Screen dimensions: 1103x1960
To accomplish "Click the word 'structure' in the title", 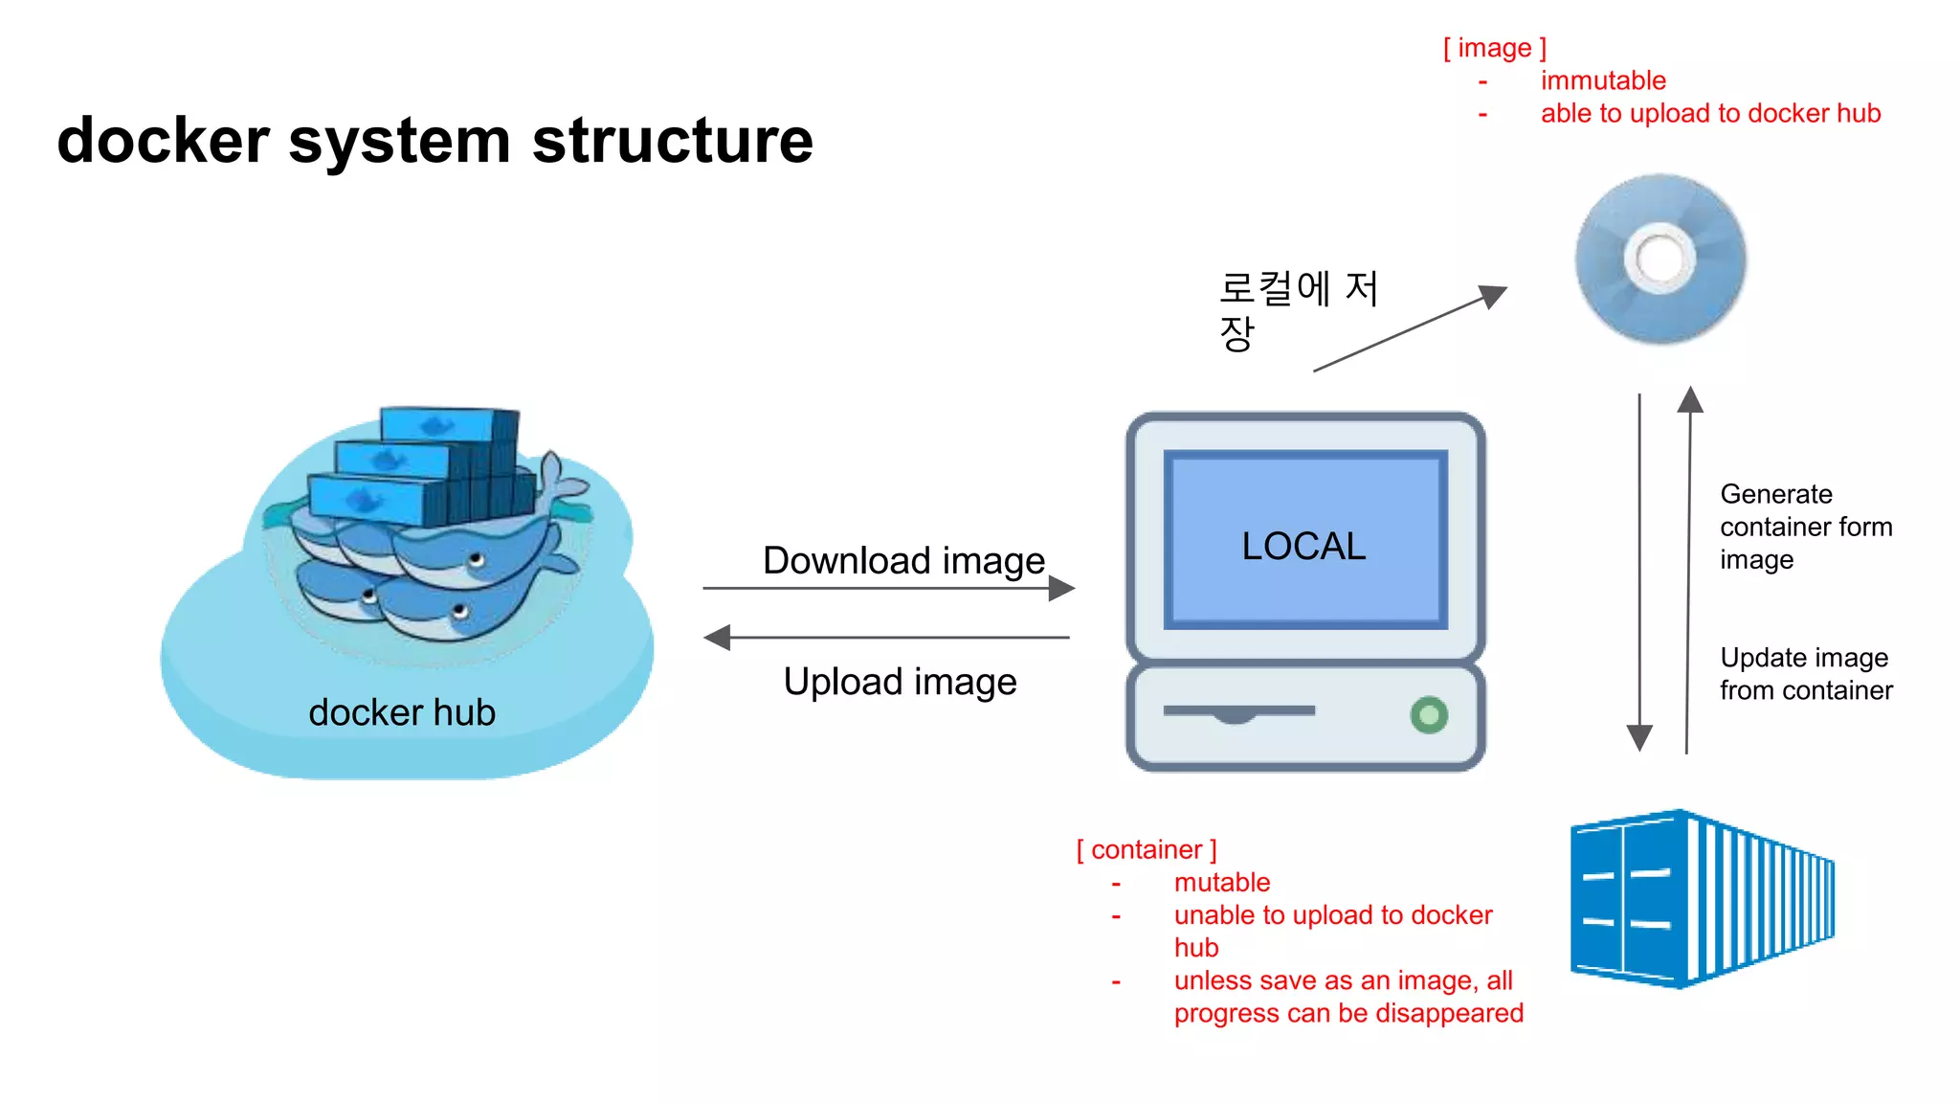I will [x=672, y=141].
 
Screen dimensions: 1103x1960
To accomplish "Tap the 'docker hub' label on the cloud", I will [x=402, y=712].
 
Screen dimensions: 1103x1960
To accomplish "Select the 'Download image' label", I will [x=903, y=560].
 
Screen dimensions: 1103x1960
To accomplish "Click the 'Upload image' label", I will [x=900, y=682].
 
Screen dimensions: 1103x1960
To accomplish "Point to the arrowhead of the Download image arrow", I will [x=1062, y=588].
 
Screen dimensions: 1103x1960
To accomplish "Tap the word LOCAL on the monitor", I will [x=1303, y=546].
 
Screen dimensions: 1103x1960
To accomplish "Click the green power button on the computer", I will [x=1429, y=714].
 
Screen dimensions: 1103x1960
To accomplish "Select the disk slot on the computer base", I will [x=1238, y=711].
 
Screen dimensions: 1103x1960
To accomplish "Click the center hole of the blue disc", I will [x=1659, y=258].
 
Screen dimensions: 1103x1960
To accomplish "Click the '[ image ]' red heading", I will [x=1494, y=48].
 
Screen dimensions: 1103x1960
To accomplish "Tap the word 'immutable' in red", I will [x=1603, y=80].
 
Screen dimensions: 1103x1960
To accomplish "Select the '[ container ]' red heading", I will [x=1147, y=849].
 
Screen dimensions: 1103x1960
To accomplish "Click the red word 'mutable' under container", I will [x=1222, y=882].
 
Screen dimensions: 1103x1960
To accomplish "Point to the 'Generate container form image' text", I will [x=1805, y=527].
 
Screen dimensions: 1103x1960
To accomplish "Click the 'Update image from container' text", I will [x=1805, y=674].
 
